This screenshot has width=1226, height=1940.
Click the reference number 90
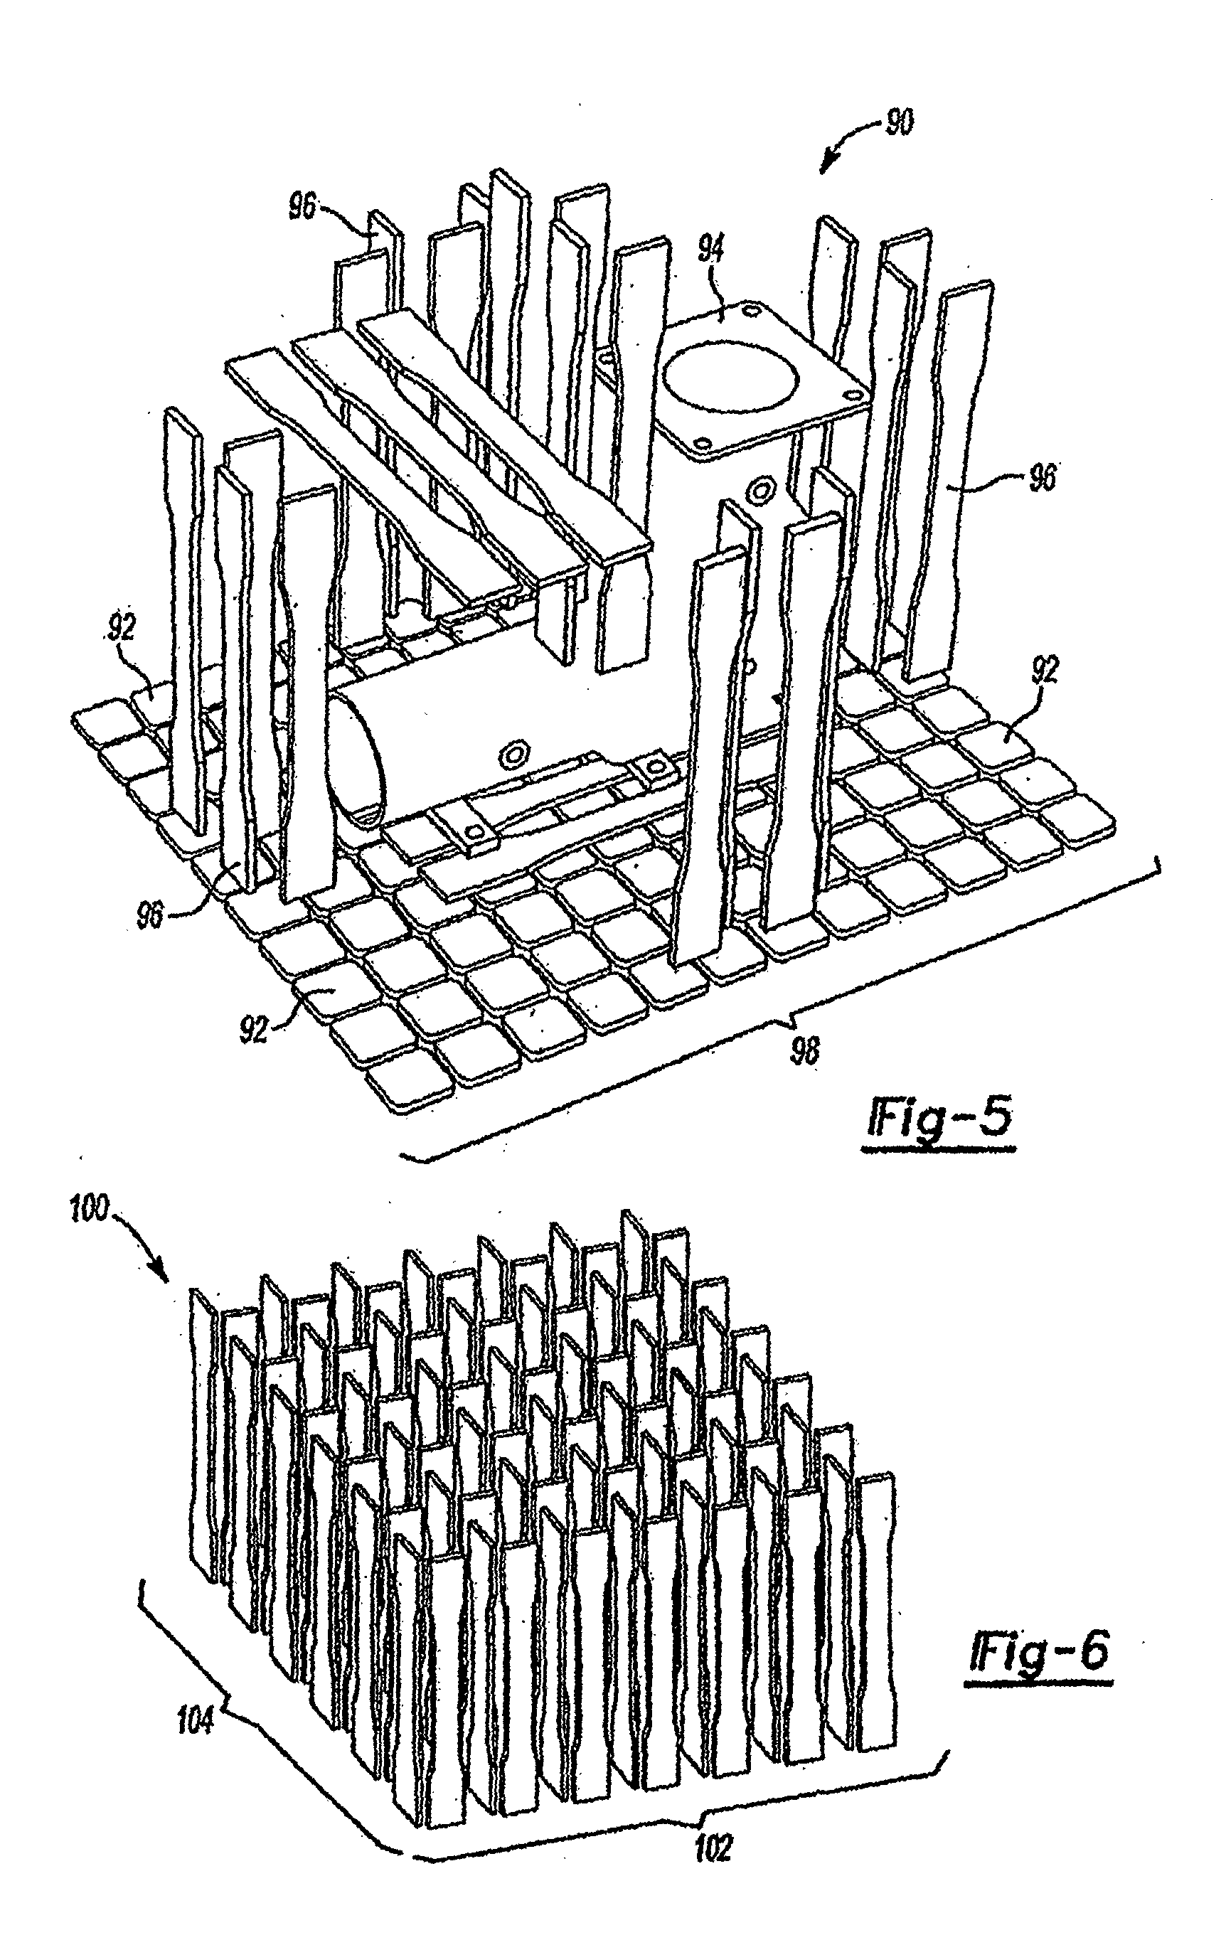[898, 123]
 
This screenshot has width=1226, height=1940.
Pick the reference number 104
[196, 1722]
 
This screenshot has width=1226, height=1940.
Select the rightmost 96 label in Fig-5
[1042, 479]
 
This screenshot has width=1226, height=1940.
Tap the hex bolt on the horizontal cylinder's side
[511, 754]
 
